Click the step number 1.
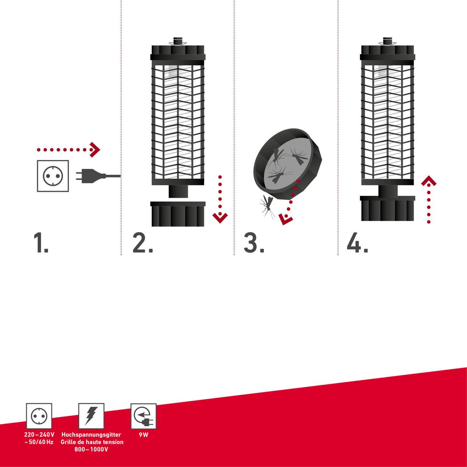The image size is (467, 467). click(x=41, y=242)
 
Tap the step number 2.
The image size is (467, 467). click(x=143, y=242)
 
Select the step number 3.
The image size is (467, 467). click(x=254, y=242)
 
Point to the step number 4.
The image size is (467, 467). click(x=357, y=242)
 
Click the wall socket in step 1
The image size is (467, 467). click(x=53, y=176)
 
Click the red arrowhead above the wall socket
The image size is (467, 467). click(x=95, y=150)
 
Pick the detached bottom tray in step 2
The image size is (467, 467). click(x=178, y=214)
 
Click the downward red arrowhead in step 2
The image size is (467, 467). click(x=220, y=218)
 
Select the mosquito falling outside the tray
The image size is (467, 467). click(x=267, y=206)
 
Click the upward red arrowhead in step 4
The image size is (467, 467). click(x=429, y=181)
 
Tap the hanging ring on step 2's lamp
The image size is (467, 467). click(x=178, y=44)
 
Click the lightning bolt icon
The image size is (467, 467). click(x=91, y=416)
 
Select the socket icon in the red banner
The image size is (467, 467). click(x=39, y=416)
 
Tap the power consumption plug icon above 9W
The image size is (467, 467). click(x=144, y=416)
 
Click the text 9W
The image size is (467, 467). click(x=144, y=435)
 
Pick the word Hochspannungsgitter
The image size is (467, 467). click(x=91, y=435)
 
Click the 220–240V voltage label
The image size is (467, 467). click(x=39, y=434)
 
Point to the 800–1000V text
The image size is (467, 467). click(x=91, y=449)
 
